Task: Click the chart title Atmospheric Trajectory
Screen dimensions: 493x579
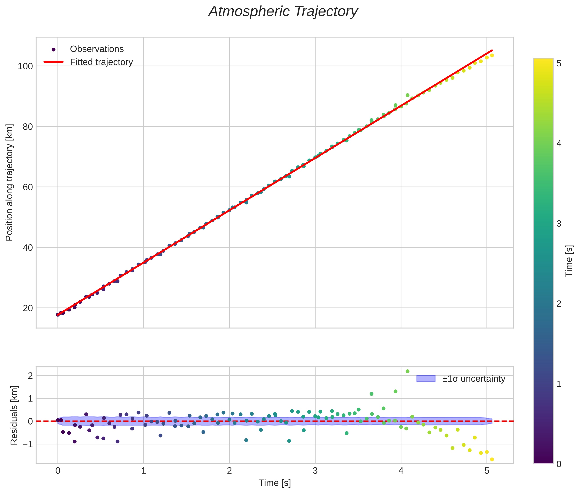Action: tap(283, 12)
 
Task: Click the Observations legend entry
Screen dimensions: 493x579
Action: tap(97, 49)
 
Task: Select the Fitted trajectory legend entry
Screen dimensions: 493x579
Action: tap(101, 62)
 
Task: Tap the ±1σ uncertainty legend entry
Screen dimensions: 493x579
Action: tap(474, 379)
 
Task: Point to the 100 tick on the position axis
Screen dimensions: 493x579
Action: tap(25, 67)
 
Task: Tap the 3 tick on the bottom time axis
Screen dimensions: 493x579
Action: tap(315, 471)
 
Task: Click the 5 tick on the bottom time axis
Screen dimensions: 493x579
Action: tap(487, 471)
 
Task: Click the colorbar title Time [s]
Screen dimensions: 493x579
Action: tap(569, 261)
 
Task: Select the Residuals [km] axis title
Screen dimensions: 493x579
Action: tap(14, 415)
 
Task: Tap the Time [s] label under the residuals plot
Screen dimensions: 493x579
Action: tap(275, 483)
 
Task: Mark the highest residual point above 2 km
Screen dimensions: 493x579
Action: tap(408, 371)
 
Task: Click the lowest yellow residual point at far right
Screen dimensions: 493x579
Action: tap(492, 459)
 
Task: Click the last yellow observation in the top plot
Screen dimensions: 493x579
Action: tap(492, 55)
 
